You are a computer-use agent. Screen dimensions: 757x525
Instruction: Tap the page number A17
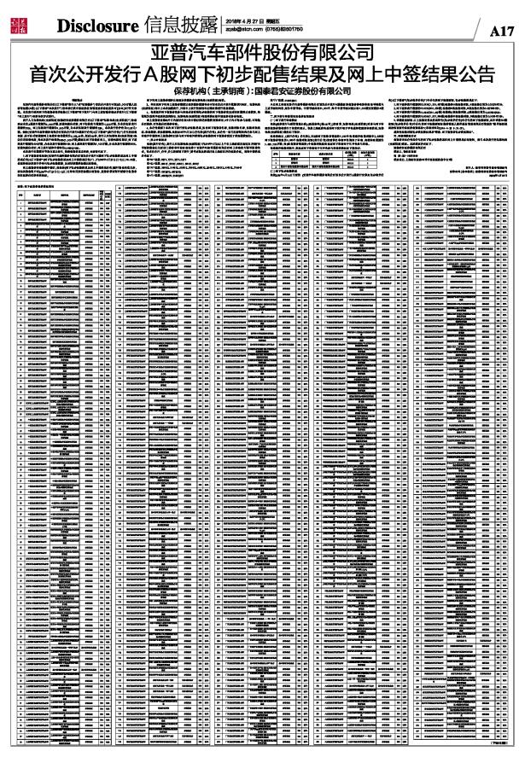502,30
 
